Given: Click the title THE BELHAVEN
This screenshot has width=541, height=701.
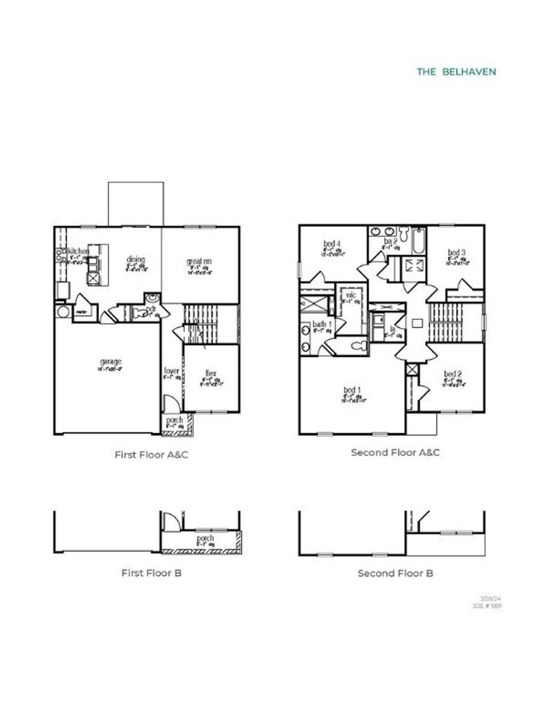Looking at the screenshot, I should pyautogui.click(x=456, y=71).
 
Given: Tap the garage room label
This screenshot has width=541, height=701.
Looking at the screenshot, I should pyautogui.click(x=110, y=362).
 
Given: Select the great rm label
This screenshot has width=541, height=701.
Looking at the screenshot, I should pyautogui.click(x=199, y=262).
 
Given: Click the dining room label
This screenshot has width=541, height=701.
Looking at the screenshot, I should pyautogui.click(x=136, y=260).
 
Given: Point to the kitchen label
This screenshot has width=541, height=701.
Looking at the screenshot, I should pyautogui.click(x=78, y=252).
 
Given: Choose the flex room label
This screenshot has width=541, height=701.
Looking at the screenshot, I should pyautogui.click(x=211, y=374).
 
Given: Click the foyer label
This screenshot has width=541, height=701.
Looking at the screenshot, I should pyautogui.click(x=172, y=371).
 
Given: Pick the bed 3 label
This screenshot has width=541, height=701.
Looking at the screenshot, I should pyautogui.click(x=457, y=253).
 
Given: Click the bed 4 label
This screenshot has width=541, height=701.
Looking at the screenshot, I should pyautogui.click(x=332, y=244).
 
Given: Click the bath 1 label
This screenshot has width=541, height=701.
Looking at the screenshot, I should pyautogui.click(x=322, y=324).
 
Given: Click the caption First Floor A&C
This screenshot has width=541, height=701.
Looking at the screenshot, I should pyautogui.click(x=151, y=455).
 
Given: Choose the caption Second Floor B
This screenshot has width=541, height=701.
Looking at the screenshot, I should pyautogui.click(x=395, y=573).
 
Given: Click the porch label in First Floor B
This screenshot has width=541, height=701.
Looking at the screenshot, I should pyautogui.click(x=205, y=539).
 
